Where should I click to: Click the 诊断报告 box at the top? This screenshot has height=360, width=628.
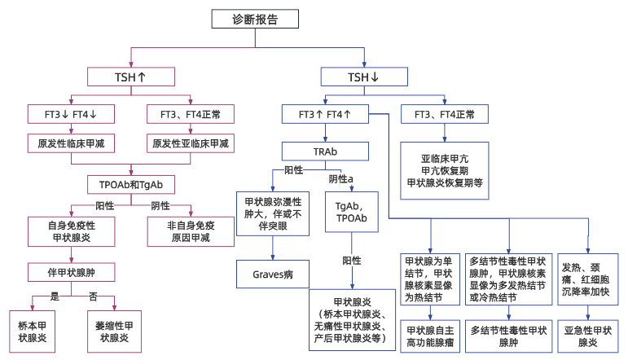pyautogui.click(x=254, y=20)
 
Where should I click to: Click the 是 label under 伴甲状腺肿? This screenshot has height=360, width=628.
pyautogui.click(x=55, y=295)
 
